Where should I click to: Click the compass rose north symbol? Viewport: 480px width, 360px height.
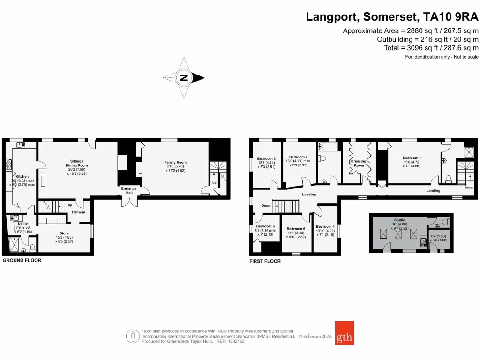[184, 78]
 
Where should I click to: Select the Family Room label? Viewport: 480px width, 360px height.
[175, 162]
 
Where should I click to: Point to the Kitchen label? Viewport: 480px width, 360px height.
[22, 177]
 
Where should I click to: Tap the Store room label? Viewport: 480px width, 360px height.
[64, 232]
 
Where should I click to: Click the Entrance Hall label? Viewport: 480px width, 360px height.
[128, 190]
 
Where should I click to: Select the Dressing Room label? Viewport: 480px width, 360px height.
[359, 163]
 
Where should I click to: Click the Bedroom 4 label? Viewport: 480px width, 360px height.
[325, 226]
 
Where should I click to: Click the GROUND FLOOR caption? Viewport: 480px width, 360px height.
[22, 260]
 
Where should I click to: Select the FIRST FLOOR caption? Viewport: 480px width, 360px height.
[265, 261]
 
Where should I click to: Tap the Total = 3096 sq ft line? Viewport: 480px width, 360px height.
[428, 48]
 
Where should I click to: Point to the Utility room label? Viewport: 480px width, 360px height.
[23, 224]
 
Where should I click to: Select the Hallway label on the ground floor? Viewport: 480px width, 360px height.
[78, 212]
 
